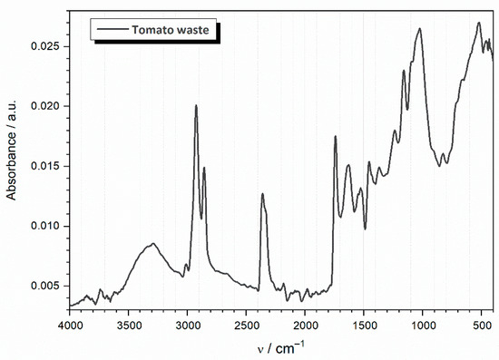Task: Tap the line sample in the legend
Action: tap(114, 30)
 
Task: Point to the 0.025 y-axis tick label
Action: tap(45, 46)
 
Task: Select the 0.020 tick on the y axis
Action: tap(45, 106)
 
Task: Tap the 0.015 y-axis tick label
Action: tap(45, 166)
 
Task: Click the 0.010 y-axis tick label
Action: tap(45, 226)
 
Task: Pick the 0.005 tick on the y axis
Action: tap(45, 286)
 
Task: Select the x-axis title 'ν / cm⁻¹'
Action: tap(280, 347)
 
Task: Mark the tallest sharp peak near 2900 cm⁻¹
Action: tap(196, 106)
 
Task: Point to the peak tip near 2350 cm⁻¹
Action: tap(262, 194)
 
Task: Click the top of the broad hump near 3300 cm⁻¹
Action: tap(153, 243)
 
